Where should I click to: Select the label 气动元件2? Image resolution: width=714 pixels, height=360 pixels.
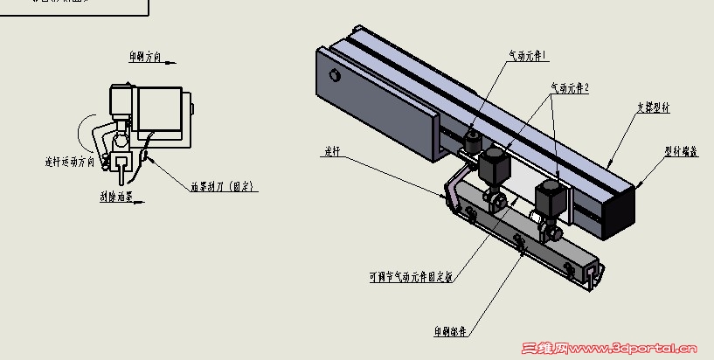pos(569,88)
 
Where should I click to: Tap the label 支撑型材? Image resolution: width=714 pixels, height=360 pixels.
pos(653,108)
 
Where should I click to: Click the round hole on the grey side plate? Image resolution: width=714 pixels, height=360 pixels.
pos(335,75)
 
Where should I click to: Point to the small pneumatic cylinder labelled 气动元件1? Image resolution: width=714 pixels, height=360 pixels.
pos(473,140)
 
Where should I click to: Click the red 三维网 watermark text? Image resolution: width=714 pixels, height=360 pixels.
pos(543,350)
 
